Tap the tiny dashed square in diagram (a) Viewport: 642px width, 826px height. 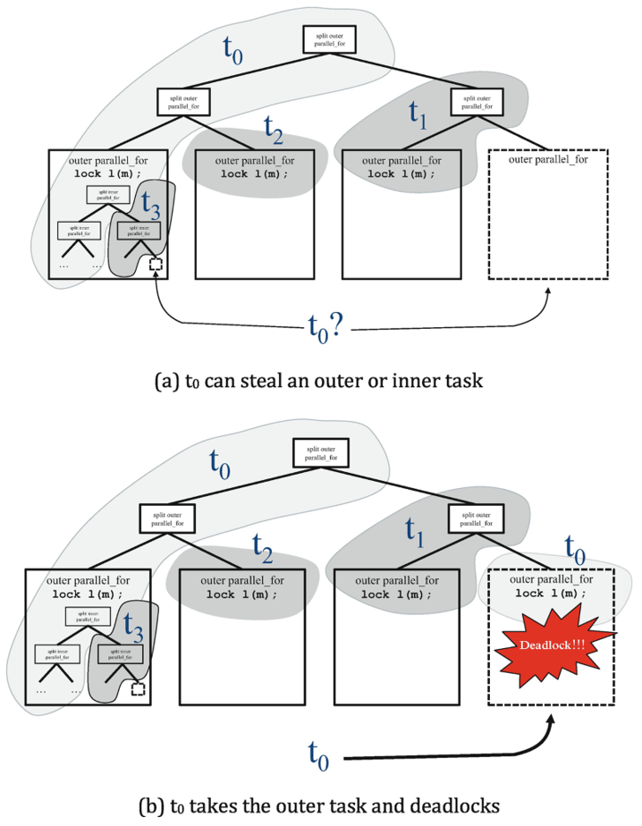156,264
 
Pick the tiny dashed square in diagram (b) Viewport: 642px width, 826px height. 138,689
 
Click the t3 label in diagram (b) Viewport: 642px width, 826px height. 131,623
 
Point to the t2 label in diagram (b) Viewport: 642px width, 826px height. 262,544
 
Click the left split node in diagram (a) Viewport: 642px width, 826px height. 182,100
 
